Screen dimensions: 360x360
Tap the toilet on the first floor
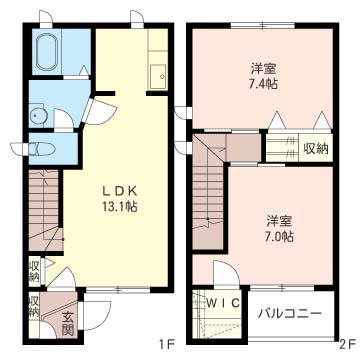click(x=41, y=149)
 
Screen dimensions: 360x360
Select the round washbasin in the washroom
click(x=36, y=115)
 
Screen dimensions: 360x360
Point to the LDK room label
click(x=119, y=191)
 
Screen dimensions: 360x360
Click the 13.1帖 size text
click(x=119, y=207)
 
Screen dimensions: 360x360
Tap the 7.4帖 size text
click(x=263, y=84)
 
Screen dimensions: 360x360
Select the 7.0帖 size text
click(x=279, y=236)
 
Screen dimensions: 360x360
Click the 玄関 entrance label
click(x=67, y=324)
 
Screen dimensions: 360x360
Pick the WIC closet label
click(x=223, y=303)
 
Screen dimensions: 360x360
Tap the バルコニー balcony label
click(x=290, y=314)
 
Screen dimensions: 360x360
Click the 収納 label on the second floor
click(x=315, y=148)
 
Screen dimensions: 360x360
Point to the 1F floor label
click(x=166, y=345)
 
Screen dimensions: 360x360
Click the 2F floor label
click(x=346, y=345)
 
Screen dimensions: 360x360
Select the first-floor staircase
click(x=45, y=210)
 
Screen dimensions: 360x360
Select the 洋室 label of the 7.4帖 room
click(x=263, y=69)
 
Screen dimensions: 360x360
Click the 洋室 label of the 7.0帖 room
click(x=279, y=221)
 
